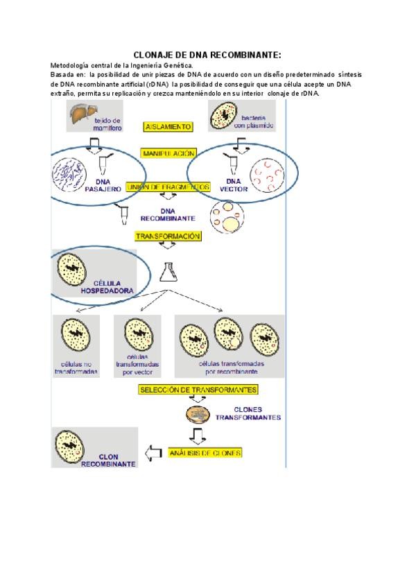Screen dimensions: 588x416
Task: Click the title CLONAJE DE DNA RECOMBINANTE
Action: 207,55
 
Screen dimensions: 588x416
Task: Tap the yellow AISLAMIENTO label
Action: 168,127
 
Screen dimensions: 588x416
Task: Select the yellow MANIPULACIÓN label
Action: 168,153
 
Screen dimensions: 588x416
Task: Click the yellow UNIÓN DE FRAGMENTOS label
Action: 168,187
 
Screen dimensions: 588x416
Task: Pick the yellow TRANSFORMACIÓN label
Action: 168,236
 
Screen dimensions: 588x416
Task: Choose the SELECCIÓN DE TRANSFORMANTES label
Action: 198,390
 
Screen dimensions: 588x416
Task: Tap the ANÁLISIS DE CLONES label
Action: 205,453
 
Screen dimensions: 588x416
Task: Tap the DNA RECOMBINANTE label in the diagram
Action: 168,214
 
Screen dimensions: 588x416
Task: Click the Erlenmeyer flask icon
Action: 166,272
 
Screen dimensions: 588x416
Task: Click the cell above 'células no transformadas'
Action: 76,336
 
